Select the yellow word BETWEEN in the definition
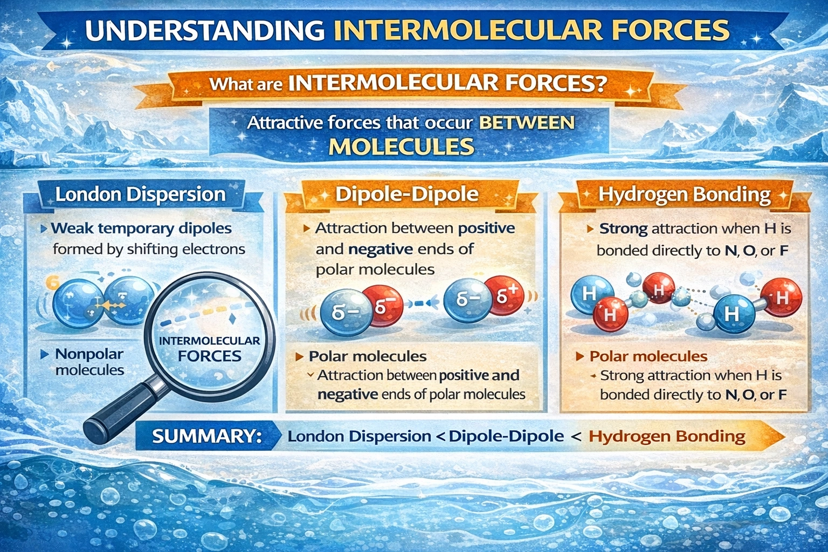[x=527, y=123]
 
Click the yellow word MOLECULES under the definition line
[x=402, y=146]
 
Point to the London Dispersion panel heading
[x=140, y=194]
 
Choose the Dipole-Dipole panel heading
[x=406, y=194]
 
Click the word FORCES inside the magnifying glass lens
[x=210, y=356]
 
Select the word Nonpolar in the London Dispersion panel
[x=89, y=354]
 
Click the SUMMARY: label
[x=207, y=436]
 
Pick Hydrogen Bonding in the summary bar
[x=667, y=436]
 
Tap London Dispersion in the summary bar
[x=359, y=436]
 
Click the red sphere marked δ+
[x=507, y=296]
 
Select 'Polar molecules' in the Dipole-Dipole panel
[x=368, y=356]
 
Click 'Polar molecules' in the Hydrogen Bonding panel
[x=648, y=356]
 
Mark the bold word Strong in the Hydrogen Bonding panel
[x=623, y=229]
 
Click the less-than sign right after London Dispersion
[x=439, y=436]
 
